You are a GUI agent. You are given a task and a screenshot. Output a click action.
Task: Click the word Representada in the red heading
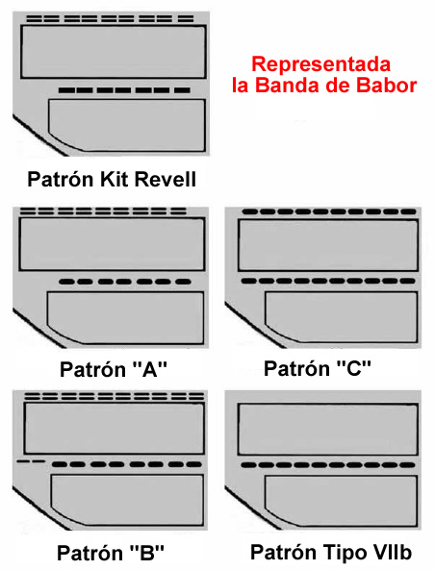pyautogui.click(x=321, y=64)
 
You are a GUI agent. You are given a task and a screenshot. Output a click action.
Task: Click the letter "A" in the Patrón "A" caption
pyautogui.click(x=149, y=369)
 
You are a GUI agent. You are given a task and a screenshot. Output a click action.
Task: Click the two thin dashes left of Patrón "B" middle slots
pyautogui.click(x=32, y=461)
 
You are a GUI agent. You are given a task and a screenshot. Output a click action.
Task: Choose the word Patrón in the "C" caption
pyautogui.click(x=296, y=368)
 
